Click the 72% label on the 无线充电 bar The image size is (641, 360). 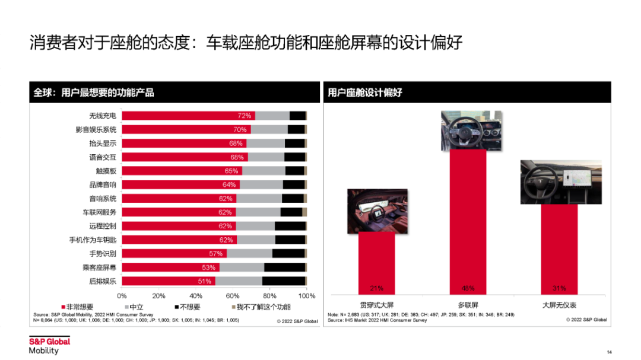245,116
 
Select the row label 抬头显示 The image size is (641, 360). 103,144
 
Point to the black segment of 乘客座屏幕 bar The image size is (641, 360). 284,267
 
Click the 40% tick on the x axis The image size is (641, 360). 196,295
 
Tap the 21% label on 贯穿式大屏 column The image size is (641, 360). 376,288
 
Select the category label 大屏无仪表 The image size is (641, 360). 559,305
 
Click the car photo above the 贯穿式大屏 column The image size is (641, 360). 377,210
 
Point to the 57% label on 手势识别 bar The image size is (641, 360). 216,253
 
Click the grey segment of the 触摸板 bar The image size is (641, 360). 264,171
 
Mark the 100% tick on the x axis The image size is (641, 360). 306,295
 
